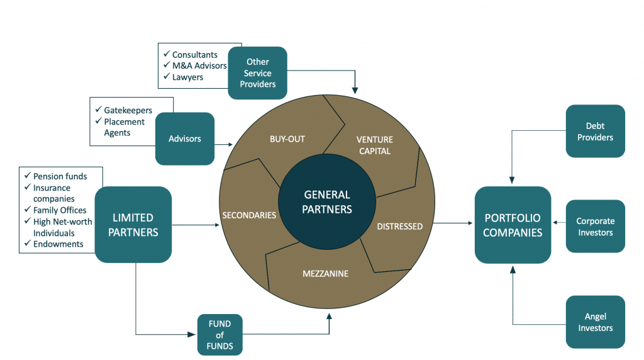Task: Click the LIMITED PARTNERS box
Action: [133, 225]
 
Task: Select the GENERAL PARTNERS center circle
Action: [326, 202]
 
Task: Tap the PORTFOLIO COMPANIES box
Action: [512, 225]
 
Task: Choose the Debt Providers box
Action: [595, 132]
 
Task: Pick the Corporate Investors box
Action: [595, 227]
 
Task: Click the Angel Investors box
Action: [595, 322]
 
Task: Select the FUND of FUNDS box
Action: [219, 335]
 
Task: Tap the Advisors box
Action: [185, 138]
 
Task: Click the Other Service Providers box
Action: [257, 73]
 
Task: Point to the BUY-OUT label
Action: [287, 138]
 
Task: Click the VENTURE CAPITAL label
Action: [374, 145]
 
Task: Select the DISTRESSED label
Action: [399, 226]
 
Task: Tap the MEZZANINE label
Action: [325, 274]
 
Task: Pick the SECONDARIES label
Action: [249, 215]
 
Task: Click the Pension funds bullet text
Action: [60, 176]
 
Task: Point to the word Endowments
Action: [58, 244]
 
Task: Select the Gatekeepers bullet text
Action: [128, 110]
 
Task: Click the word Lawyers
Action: [188, 77]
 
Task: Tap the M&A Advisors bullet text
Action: [199, 66]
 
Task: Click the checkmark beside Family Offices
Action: [27, 210]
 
